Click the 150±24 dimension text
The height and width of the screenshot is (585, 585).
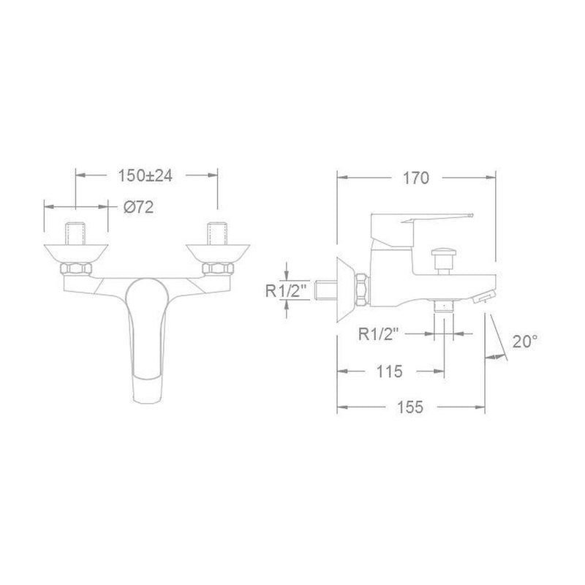pyautogui.click(x=145, y=175)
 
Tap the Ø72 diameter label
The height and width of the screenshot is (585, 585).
pyautogui.click(x=138, y=207)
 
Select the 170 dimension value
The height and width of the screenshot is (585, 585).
pyautogui.click(x=416, y=178)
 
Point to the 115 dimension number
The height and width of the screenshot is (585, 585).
pyautogui.click(x=390, y=371)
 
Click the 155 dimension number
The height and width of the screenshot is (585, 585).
pyautogui.click(x=410, y=407)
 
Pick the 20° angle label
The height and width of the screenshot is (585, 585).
pyautogui.click(x=525, y=341)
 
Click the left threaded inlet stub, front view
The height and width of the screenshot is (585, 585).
pyautogui.click(x=76, y=234)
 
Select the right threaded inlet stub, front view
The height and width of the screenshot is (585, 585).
pyautogui.click(x=217, y=234)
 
